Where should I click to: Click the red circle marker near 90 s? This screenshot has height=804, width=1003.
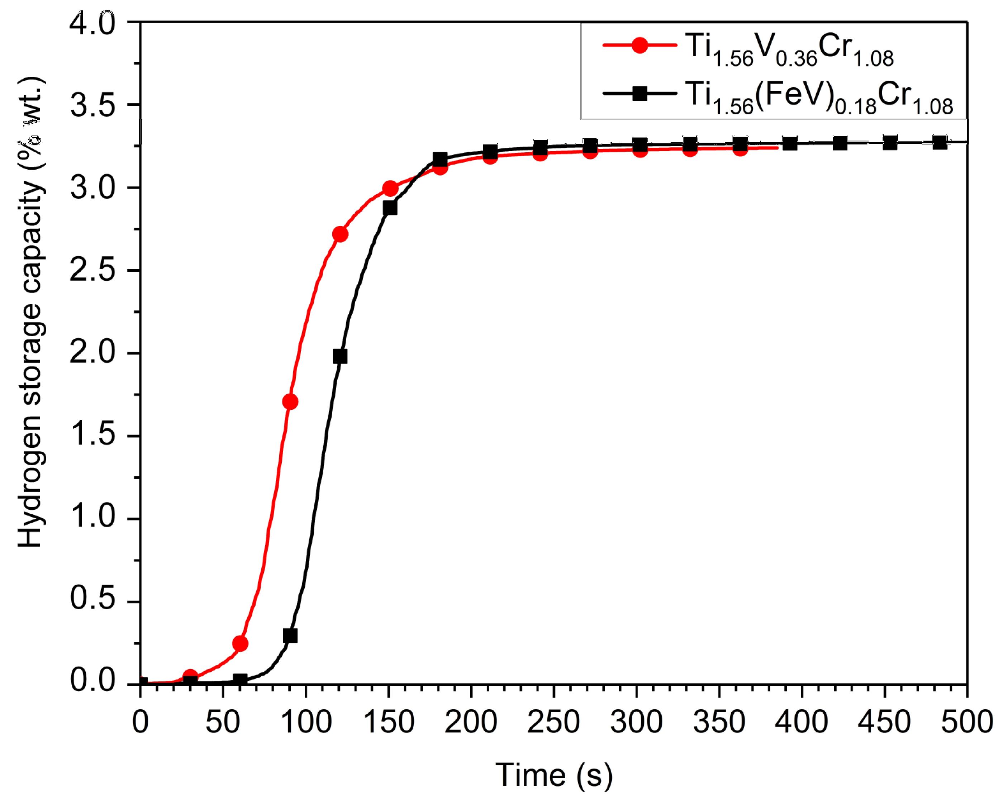tap(290, 401)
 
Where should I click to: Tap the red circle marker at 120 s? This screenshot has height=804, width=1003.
tap(340, 234)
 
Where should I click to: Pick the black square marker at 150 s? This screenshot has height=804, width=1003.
tap(390, 208)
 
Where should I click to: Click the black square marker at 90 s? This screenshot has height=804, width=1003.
tap(290, 636)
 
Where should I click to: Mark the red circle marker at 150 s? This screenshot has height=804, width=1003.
tap(390, 189)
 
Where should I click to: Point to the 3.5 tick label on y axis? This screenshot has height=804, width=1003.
tap(92, 105)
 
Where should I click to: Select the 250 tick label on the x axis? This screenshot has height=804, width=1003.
tap(553, 723)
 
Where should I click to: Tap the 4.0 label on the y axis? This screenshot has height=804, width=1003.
tap(92, 23)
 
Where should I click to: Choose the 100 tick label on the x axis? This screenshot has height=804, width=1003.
tap(306, 723)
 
